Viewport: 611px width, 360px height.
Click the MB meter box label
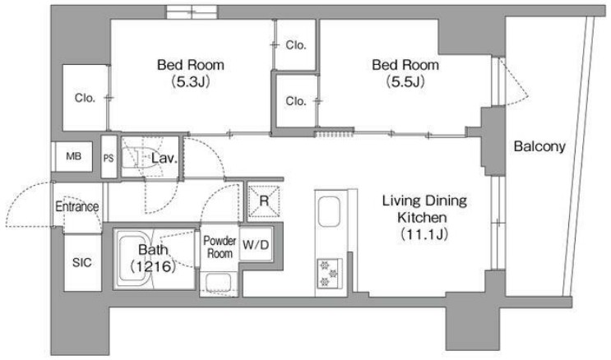coord(74,157)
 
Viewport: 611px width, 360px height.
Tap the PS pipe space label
coord(109,158)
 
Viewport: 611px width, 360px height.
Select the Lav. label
coord(164,158)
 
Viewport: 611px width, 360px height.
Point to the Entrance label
coord(76,206)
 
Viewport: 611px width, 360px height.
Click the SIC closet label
coord(82,262)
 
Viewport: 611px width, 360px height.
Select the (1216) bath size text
coord(153,266)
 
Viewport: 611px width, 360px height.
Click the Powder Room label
coord(220,247)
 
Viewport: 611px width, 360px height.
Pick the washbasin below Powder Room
coord(219,282)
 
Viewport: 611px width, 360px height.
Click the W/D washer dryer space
coord(256,244)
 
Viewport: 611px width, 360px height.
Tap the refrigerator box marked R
coord(264,201)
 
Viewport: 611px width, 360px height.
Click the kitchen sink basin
coord(329,211)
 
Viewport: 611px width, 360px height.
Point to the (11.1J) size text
coord(424,234)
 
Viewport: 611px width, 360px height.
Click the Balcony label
coord(539,146)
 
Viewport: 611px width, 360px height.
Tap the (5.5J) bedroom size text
coord(405,81)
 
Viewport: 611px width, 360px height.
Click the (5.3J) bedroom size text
coord(191,81)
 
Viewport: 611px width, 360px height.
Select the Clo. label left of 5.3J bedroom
coord(85,98)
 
